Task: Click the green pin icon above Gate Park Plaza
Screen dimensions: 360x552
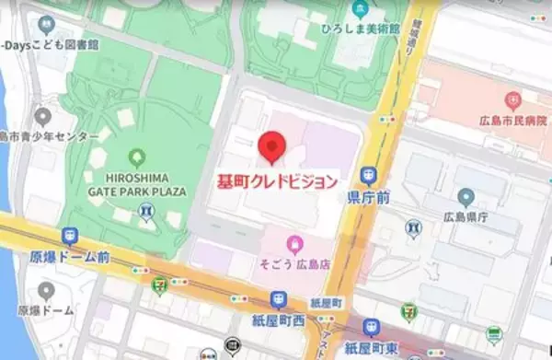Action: click(139, 158)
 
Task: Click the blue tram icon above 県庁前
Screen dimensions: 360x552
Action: click(370, 174)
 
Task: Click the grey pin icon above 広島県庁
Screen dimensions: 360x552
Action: click(466, 197)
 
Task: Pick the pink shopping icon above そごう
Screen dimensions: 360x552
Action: click(294, 244)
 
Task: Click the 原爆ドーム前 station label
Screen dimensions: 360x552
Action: click(70, 257)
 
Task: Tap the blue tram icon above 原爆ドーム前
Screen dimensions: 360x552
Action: click(70, 237)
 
